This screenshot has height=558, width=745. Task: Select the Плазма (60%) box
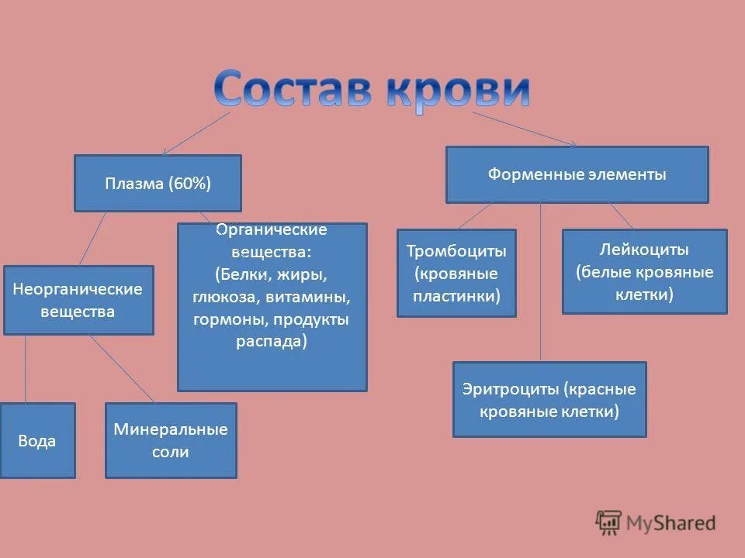click(x=158, y=184)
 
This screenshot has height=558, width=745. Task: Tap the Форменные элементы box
click(x=577, y=175)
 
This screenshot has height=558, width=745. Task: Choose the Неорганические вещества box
click(x=78, y=301)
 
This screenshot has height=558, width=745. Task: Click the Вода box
click(x=37, y=440)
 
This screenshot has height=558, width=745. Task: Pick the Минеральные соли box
click(x=171, y=440)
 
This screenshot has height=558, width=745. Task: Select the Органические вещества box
click(x=272, y=307)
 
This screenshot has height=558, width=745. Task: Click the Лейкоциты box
click(x=644, y=271)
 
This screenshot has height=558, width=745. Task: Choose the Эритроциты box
click(x=549, y=399)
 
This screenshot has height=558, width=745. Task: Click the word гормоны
click(x=226, y=319)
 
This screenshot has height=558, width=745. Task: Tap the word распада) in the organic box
click(x=272, y=342)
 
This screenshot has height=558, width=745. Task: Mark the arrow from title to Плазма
click(x=196, y=133)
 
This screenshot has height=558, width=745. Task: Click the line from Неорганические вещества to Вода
click(x=26, y=368)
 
